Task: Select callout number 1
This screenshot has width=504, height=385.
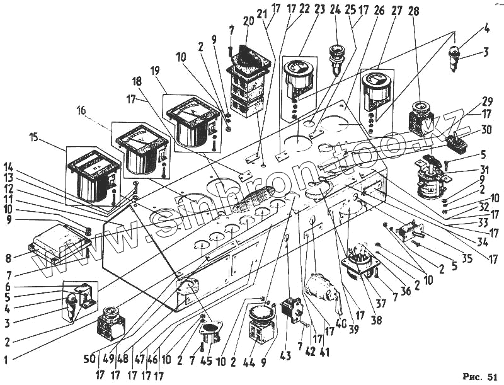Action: [x=6, y=360]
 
